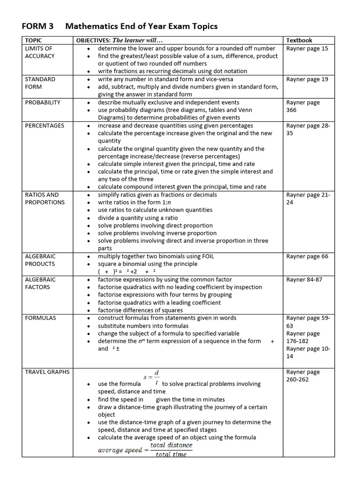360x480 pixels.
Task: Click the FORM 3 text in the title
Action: [x=38, y=26]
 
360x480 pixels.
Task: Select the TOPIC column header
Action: [x=33, y=40]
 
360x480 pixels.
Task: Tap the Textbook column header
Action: [x=299, y=40]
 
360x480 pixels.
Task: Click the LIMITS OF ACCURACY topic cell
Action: [x=39, y=52]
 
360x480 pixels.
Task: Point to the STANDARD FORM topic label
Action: [x=40, y=83]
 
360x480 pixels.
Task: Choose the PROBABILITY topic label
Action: [x=43, y=102]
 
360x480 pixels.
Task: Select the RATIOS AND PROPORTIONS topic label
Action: [x=45, y=198]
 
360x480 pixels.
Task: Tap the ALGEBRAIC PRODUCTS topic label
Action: [x=40, y=260]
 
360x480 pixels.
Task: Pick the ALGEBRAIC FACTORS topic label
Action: [x=40, y=283]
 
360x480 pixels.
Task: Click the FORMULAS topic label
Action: [x=40, y=318]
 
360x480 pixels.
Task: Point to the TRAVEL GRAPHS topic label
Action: [x=47, y=372]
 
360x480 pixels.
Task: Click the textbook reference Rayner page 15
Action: [x=307, y=48]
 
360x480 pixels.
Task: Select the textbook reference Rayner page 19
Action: [x=307, y=79]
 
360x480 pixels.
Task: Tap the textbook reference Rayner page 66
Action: [x=307, y=256]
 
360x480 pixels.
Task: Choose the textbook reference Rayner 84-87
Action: [x=304, y=279]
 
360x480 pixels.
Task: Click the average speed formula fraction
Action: [x=171, y=450]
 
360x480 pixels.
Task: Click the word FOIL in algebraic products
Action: [x=207, y=256]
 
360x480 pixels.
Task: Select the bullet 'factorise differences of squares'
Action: [x=140, y=310]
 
